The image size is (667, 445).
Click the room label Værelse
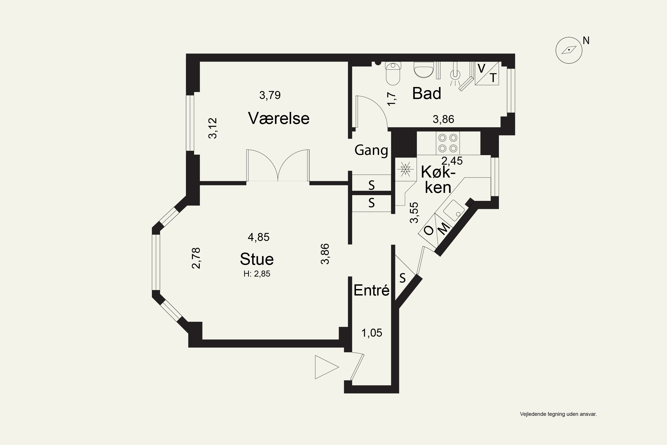click(279, 118)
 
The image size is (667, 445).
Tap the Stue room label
click(257, 259)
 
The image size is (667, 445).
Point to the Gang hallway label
click(371, 150)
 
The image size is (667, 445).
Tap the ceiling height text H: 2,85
click(257, 274)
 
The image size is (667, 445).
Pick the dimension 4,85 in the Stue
click(259, 237)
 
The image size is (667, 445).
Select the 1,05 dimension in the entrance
click(372, 333)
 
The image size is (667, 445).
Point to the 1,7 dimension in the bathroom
click(392, 99)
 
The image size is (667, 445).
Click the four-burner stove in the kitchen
click(448, 143)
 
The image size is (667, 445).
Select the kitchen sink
click(454, 210)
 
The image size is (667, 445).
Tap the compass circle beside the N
click(569, 51)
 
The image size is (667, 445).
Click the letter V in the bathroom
click(481, 68)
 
